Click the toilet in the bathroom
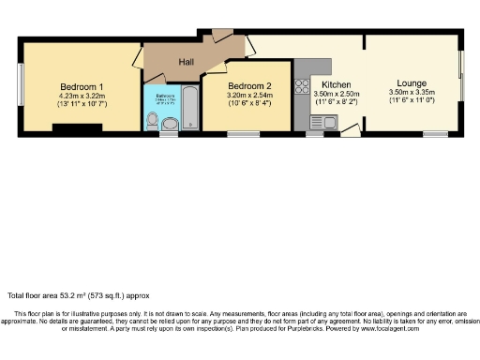click(169, 124)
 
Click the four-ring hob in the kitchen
click(303, 87)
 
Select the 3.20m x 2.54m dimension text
click(248, 95)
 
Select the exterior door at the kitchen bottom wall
click(346, 131)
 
